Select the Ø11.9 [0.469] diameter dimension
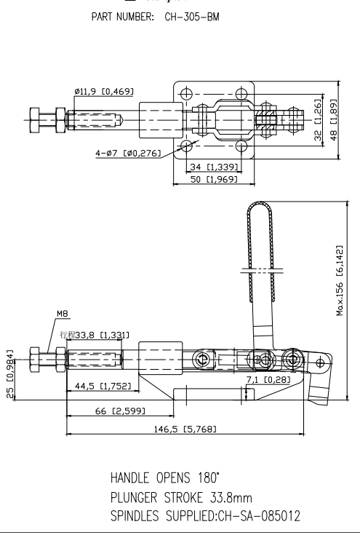click(103, 91)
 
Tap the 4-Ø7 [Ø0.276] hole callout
click(128, 153)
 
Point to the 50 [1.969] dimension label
click(212, 179)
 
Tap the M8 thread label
click(63, 315)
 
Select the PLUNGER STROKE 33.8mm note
click(182, 498)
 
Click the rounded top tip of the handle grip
click(259, 206)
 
